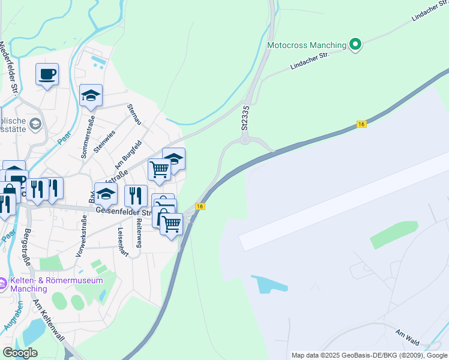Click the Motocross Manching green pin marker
pyautogui.click(x=355, y=44)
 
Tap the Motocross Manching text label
pyautogui.click(x=307, y=45)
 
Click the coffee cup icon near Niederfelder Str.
pyautogui.click(x=47, y=74)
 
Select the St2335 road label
pyautogui.click(x=245, y=118)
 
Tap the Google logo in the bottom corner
pyautogui.click(x=20, y=353)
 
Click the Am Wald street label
pyautogui.click(x=406, y=335)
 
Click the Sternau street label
pyautogui.click(x=134, y=114)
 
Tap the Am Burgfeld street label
pyautogui.click(x=128, y=154)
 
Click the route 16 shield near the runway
pyautogui.click(x=361, y=124)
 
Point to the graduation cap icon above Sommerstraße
pyautogui.click(x=91, y=95)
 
